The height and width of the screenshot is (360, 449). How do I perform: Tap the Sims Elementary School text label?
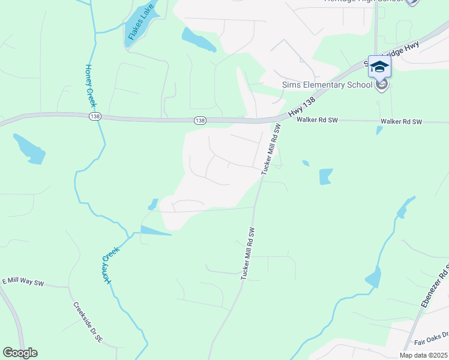pos(327,85)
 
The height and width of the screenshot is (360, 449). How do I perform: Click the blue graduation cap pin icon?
pos(379,67)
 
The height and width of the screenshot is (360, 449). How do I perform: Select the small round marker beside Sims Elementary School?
pos(381,85)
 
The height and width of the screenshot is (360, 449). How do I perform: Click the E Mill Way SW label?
pos(24,281)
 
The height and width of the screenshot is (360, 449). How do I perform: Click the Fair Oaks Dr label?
pos(431,340)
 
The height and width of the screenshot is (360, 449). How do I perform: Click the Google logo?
pos(20,353)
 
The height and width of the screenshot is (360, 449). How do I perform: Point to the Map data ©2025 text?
pos(423,355)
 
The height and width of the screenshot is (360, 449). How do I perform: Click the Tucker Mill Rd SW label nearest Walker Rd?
pos(272,150)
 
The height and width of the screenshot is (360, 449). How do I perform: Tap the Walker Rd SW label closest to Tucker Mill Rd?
pos(318,121)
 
